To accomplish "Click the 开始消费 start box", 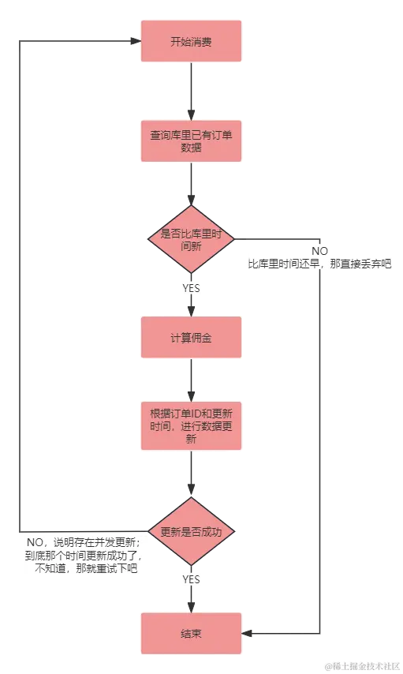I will tap(191, 40).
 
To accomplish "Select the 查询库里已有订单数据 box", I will tap(191, 141).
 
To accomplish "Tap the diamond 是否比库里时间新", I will tap(192, 239).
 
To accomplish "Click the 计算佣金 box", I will tap(191, 337).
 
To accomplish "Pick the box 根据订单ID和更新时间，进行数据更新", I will tap(191, 425).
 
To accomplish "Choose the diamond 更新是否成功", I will tap(191, 531).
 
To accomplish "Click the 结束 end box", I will tap(191, 633).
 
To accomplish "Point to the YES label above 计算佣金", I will tap(192, 289).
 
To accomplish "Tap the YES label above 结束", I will tap(192, 580).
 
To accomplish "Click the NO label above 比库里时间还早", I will tap(319, 250).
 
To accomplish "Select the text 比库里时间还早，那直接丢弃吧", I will tap(319, 264).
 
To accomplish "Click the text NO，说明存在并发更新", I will tap(83, 542).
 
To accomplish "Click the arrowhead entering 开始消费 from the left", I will tap(133, 41).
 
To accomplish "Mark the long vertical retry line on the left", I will tap(22, 284).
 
